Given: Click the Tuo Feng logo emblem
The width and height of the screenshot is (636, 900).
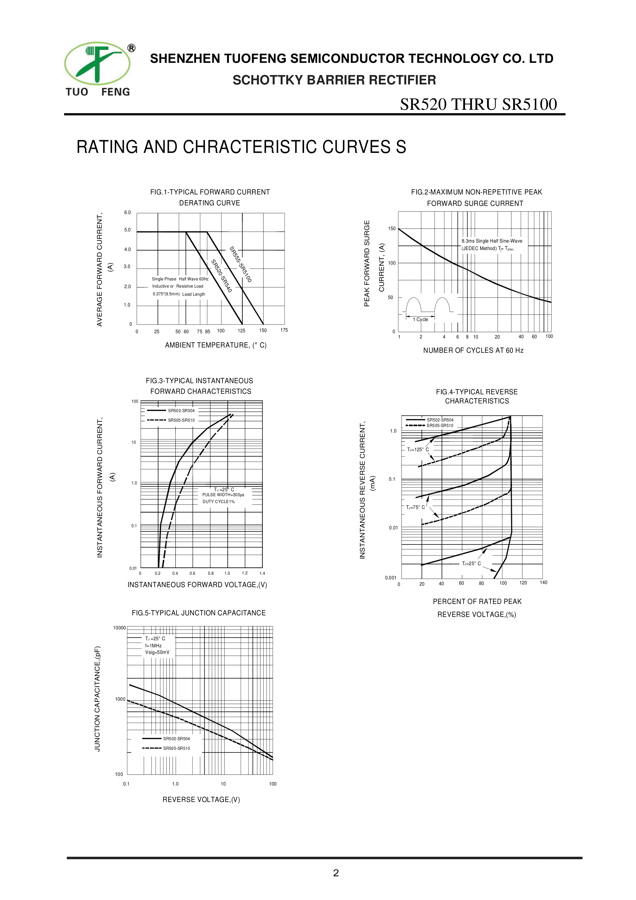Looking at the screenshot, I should click(x=97, y=64).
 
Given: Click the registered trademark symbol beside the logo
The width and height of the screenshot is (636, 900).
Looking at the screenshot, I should click(x=132, y=48).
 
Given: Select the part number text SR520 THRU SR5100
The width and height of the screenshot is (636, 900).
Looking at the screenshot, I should click(x=478, y=104).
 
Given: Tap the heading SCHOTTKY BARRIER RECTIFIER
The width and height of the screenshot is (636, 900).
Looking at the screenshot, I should click(x=334, y=80).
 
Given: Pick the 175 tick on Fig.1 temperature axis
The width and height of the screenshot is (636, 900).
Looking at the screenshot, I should click(x=284, y=330).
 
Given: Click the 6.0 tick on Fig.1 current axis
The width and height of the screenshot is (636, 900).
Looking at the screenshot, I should click(x=127, y=212).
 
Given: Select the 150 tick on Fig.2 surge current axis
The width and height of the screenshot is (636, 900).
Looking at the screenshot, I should click(x=392, y=229).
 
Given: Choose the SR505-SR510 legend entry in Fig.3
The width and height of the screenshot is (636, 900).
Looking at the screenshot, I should click(x=181, y=420).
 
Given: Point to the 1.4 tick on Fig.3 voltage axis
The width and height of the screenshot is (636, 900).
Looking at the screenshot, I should click(x=262, y=573).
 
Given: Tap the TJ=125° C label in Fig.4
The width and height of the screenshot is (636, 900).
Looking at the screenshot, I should click(x=418, y=449).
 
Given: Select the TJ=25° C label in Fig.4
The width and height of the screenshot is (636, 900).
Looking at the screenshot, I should click(x=471, y=563).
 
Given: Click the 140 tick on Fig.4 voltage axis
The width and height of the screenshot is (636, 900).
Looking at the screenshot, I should click(x=543, y=582).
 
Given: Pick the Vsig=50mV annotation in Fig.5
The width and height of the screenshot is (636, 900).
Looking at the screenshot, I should click(x=157, y=652).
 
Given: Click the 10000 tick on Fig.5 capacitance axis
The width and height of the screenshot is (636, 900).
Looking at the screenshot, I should click(x=119, y=628).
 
